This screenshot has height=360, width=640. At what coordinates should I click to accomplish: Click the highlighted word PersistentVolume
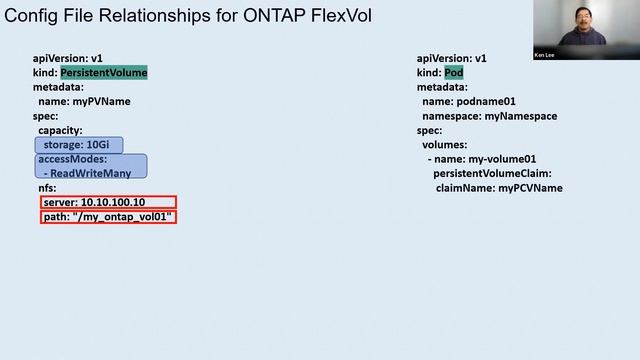[x=104, y=73]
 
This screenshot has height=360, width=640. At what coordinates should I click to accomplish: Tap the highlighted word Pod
[x=453, y=73]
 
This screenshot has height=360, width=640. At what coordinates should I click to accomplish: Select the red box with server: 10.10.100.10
[x=108, y=202]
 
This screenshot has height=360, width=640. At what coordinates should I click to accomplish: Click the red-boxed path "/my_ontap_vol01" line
[x=108, y=217]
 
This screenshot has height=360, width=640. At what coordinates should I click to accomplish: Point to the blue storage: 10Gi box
[x=80, y=145]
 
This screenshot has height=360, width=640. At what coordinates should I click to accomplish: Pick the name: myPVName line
[x=84, y=102]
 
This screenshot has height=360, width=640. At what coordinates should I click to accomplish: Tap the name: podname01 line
[x=469, y=102]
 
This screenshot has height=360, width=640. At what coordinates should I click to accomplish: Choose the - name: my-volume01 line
[x=481, y=159]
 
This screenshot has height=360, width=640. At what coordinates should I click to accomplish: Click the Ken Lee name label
[x=546, y=56]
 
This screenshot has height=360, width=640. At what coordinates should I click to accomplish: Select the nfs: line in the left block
[x=48, y=188]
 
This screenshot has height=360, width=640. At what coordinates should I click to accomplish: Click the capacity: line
[x=60, y=131]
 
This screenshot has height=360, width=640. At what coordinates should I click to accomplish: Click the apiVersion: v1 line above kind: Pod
[x=451, y=59]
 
